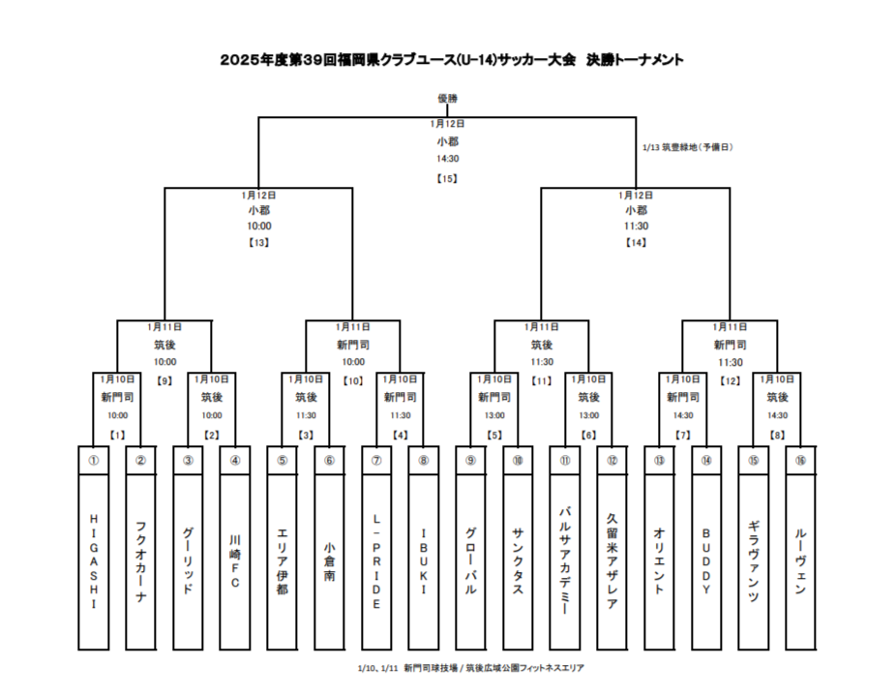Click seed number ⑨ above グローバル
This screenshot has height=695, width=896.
(470, 461)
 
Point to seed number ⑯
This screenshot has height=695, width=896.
(800, 461)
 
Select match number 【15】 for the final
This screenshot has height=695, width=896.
(447, 178)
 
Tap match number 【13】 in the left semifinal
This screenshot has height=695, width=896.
(258, 242)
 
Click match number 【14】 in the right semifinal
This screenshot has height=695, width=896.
(636, 242)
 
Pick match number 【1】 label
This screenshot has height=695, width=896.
(117, 435)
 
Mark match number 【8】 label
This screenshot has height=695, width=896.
(777, 435)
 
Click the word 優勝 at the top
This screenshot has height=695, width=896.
(447, 98)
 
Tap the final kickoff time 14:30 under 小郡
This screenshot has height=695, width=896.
(447, 159)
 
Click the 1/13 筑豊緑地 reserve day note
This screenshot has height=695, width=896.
(688, 147)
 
